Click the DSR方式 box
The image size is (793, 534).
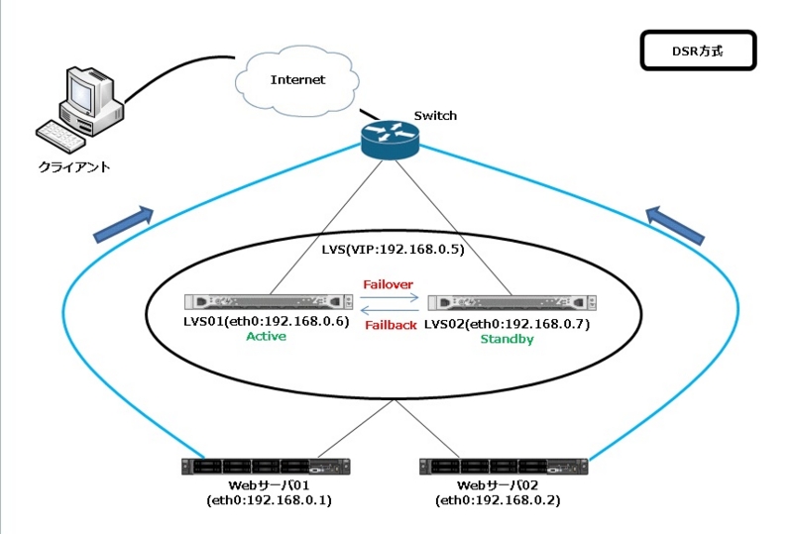click(698, 50)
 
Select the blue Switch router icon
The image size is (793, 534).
click(390, 143)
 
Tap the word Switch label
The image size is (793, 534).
click(435, 116)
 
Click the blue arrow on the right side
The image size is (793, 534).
click(676, 224)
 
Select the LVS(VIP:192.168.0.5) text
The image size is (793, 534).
click(394, 250)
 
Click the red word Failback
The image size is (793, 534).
click(391, 325)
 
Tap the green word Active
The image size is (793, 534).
click(266, 337)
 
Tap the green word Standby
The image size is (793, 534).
click(507, 339)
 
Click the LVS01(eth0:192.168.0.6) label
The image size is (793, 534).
click(267, 322)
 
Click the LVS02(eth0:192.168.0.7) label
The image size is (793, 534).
click(506, 323)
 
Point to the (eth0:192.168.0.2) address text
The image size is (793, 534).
click(498, 501)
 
